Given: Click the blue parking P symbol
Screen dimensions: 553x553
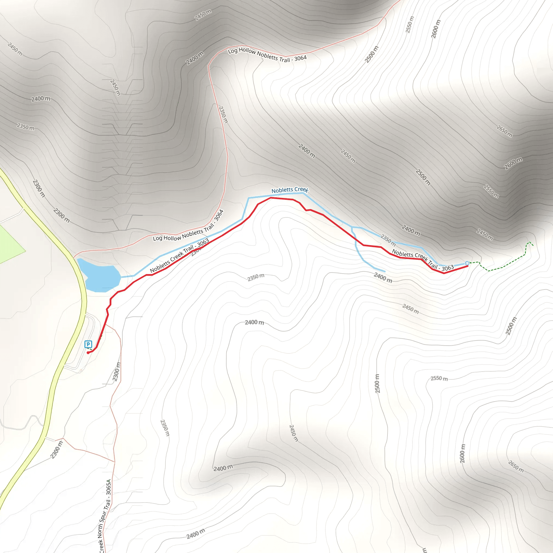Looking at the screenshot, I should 88,344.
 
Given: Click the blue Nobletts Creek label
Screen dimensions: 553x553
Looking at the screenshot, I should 290,190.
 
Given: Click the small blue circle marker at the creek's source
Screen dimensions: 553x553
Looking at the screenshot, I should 467,263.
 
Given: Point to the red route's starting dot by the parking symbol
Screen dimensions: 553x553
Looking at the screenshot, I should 88,353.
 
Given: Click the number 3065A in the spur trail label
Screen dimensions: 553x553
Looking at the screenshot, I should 109,487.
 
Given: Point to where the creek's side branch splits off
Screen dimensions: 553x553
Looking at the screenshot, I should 352,227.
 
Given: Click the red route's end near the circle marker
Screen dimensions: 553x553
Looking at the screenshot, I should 467,266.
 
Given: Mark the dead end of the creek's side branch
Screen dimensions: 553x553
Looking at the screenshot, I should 385,271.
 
